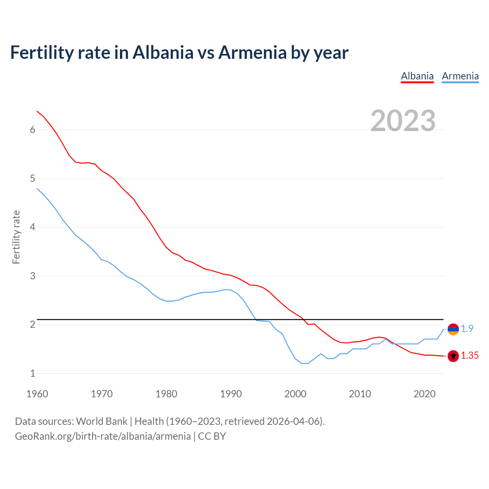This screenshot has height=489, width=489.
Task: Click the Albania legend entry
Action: click(x=417, y=76)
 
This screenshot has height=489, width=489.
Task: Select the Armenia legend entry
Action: click(x=460, y=76)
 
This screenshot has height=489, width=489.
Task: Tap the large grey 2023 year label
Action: click(x=403, y=121)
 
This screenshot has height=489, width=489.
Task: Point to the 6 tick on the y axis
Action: click(x=32, y=130)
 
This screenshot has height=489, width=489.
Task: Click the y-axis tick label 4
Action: click(x=32, y=227)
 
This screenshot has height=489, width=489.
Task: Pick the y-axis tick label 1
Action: click(x=32, y=373)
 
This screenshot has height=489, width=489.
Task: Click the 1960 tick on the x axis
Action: click(x=37, y=394)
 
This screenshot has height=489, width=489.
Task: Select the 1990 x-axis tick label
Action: click(x=231, y=394)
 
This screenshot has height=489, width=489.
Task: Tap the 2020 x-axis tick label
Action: click(x=424, y=394)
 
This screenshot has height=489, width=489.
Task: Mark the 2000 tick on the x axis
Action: click(x=295, y=394)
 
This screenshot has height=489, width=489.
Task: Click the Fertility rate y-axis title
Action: click(x=16, y=237)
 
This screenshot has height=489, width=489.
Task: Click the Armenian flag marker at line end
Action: click(x=453, y=329)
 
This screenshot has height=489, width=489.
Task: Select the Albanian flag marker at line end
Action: click(x=453, y=356)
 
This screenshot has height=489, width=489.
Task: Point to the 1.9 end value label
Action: click(x=467, y=329)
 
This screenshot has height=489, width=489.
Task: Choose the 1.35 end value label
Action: click(x=470, y=356)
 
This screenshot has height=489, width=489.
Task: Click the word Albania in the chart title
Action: click(x=163, y=52)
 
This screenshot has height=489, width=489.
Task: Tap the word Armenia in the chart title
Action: click(x=253, y=52)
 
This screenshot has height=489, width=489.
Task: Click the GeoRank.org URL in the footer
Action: click(x=103, y=436)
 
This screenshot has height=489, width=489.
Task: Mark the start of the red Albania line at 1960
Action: click(x=37, y=111)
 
